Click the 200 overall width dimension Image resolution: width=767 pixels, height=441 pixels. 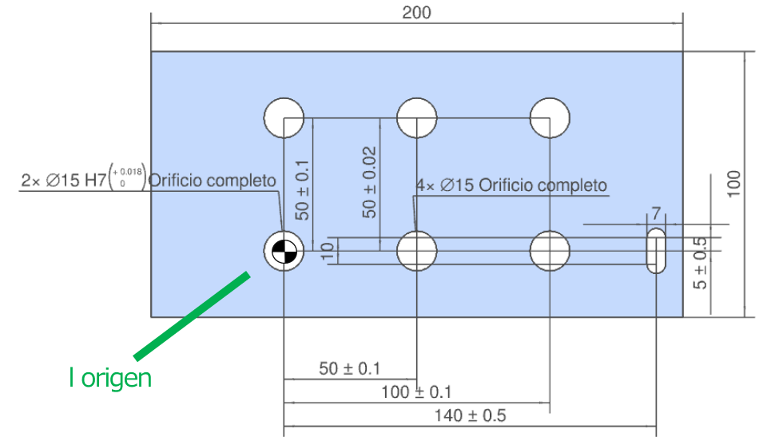416,13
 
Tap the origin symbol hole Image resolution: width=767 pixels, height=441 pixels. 284,252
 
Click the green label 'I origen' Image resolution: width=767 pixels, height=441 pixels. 109,378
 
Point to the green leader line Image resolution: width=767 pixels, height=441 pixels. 192,315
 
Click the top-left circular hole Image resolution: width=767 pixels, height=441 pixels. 284,117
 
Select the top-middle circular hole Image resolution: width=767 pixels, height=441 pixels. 416,117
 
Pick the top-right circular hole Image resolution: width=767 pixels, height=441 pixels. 550,117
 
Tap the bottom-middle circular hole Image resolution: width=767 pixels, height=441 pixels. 416,251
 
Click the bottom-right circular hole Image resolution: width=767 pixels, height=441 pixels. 550,251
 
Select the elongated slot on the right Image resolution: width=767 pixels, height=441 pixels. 656,251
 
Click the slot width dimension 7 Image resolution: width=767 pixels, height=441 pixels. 656,214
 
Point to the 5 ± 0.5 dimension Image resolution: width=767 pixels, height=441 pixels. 701,263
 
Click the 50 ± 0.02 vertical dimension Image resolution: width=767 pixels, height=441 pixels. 368,182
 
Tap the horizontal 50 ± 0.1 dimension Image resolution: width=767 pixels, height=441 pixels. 350,369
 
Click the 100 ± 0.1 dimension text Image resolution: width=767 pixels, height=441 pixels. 416,392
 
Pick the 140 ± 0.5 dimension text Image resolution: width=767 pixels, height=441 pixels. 470,415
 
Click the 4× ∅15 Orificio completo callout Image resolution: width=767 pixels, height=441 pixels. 511,185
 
